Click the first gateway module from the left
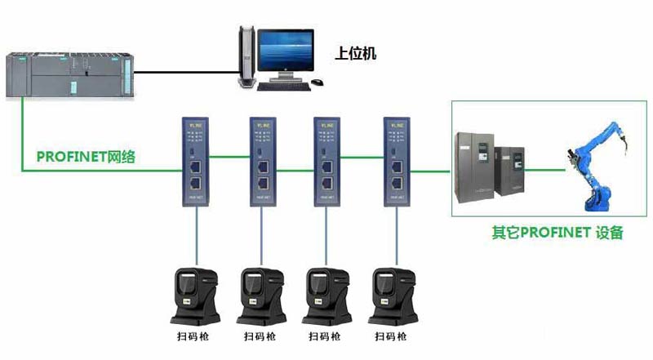pyautogui.click(x=195, y=158)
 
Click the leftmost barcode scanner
pyautogui.click(x=196, y=295)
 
